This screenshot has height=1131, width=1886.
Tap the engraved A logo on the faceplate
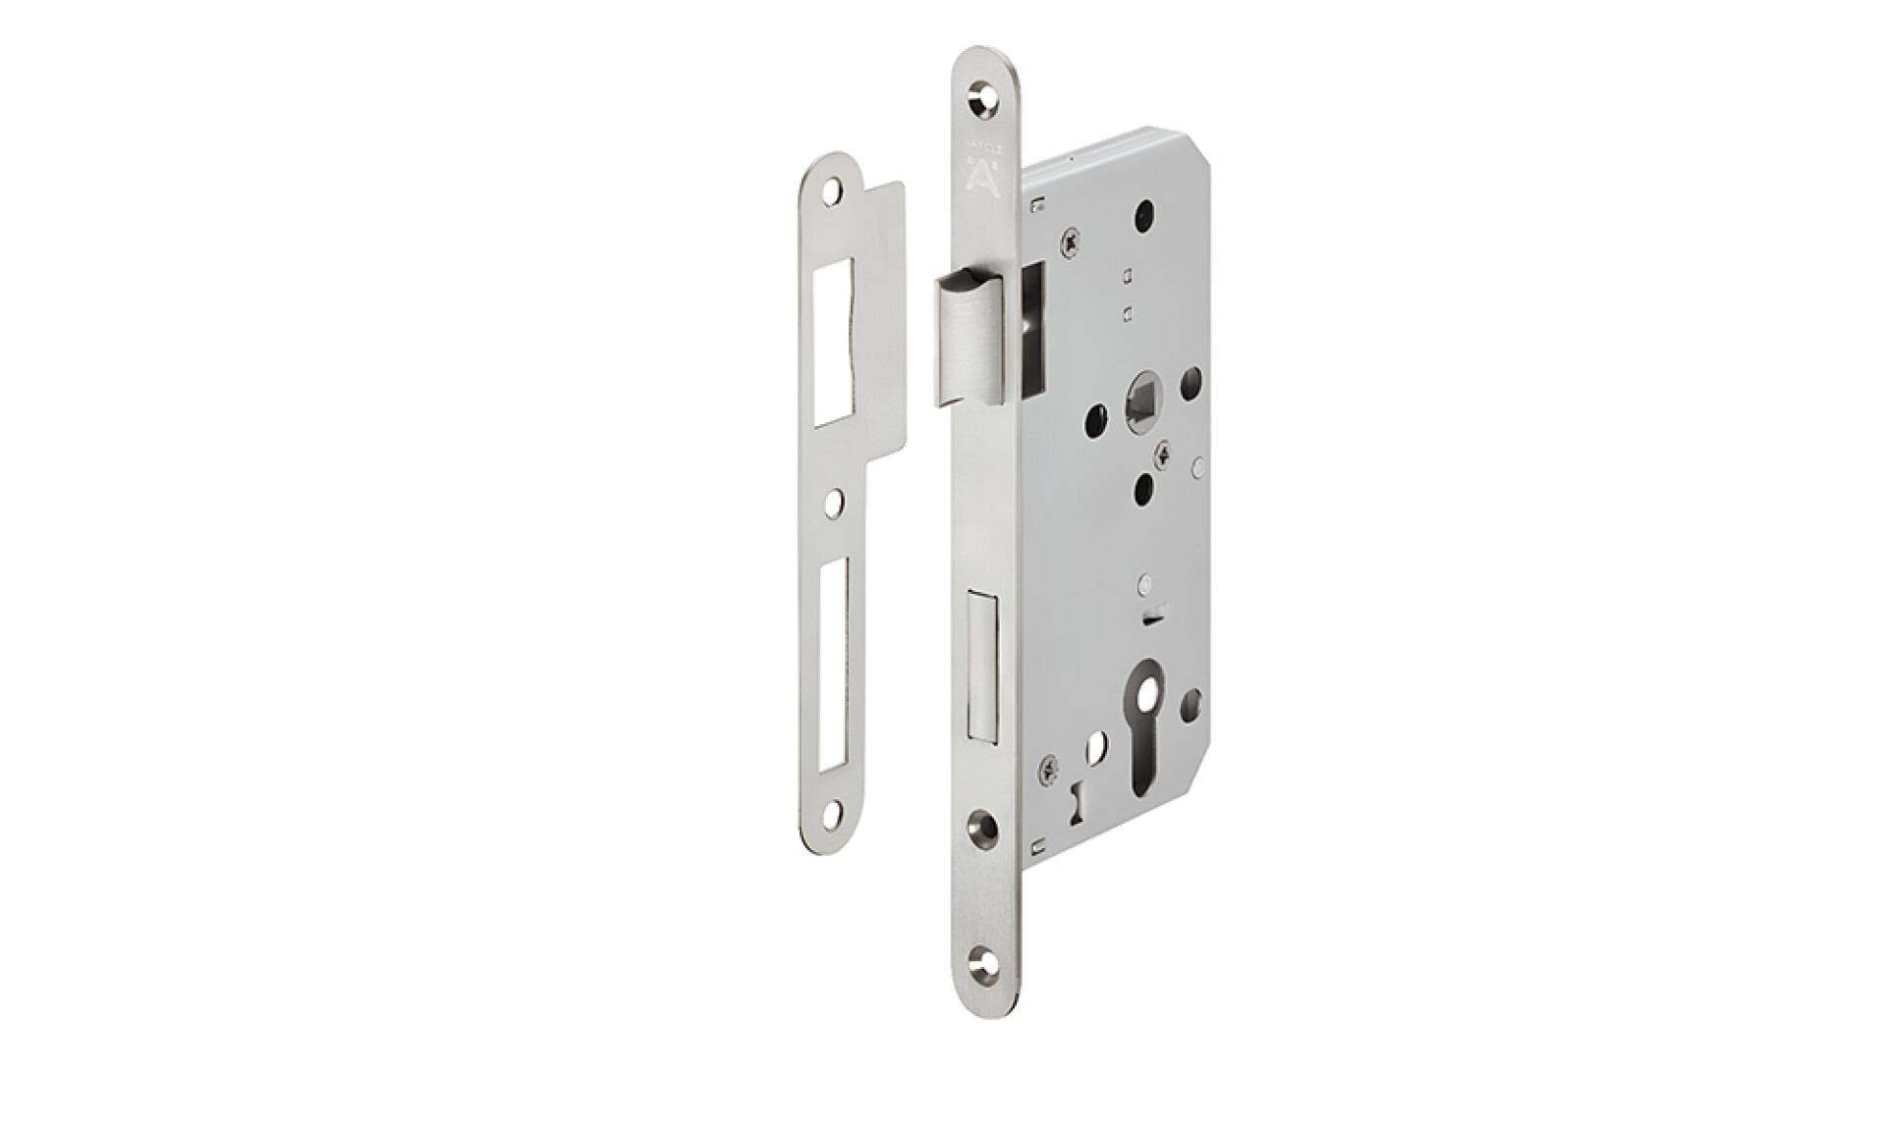(x=982, y=176)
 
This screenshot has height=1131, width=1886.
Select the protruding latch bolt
(x=966, y=336)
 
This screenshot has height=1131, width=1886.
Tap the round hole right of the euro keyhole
(x=1192, y=701)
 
